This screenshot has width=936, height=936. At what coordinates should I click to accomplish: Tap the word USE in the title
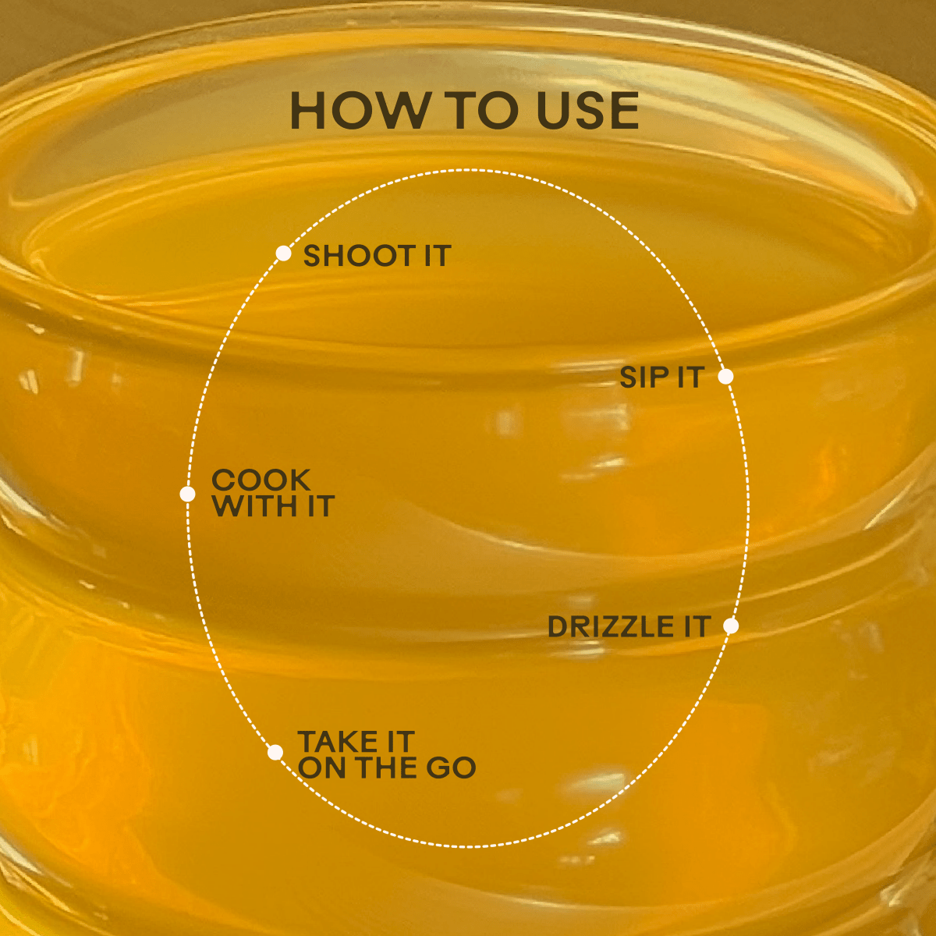(587, 111)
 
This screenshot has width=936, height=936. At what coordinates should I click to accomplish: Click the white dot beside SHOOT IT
(283, 253)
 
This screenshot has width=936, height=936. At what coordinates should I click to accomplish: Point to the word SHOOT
(359, 256)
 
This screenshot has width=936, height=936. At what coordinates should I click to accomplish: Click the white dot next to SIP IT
(725, 376)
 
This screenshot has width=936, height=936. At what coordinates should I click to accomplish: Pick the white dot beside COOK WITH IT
(187, 494)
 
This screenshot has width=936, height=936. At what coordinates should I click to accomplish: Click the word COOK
(261, 480)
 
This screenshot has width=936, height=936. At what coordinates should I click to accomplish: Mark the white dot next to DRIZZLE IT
(731, 626)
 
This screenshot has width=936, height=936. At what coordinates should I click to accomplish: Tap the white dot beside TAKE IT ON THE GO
(275, 753)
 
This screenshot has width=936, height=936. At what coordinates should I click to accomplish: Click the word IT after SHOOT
(438, 256)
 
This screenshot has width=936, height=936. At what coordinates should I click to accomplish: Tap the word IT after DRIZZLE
(697, 626)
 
